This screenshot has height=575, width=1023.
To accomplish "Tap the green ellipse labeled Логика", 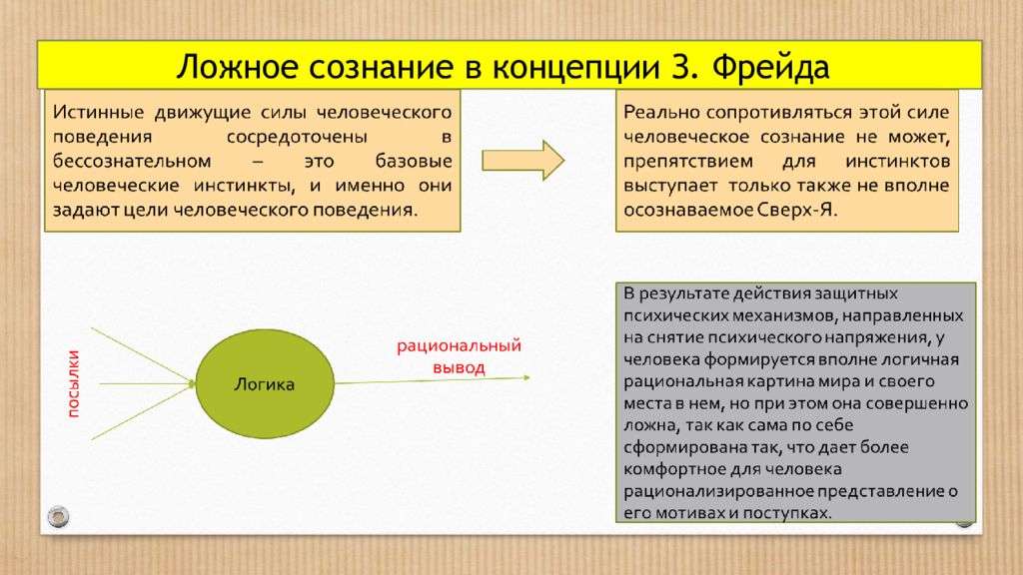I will tap(264, 384).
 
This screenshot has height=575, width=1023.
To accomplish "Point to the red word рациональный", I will tap(460, 346).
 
